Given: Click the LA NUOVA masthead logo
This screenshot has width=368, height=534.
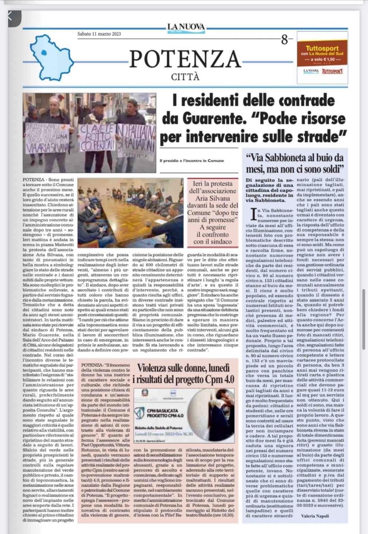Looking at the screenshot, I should tap(186, 27).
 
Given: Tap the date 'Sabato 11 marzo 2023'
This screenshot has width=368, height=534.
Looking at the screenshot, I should tap(99, 34).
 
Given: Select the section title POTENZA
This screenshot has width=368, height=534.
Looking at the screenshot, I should tap(185, 59).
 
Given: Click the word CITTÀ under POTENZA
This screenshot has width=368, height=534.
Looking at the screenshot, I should tap(185, 77).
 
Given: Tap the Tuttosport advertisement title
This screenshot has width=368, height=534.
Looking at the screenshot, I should tap(322, 48).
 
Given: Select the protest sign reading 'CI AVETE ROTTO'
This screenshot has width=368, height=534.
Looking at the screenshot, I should tap(96, 137).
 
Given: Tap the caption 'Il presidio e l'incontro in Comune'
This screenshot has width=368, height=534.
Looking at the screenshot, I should tap(191, 161).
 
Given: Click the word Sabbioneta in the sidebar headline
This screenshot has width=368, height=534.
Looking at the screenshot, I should tap(284, 158).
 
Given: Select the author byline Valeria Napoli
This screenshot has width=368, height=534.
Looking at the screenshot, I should tap(315, 516).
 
